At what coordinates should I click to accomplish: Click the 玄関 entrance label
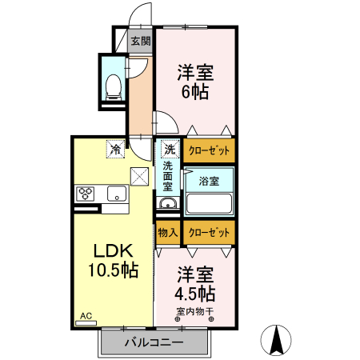point(141,41)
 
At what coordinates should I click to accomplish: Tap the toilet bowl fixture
point(114,87)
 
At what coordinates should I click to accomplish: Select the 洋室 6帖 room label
point(195,82)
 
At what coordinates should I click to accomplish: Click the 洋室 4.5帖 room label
point(195,284)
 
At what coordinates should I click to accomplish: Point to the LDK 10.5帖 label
point(113,260)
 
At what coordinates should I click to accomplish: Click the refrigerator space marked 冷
point(115,149)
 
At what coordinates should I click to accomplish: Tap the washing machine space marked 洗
point(170,149)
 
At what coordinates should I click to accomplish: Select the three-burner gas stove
point(86,194)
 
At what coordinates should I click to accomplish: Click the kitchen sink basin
point(117,194)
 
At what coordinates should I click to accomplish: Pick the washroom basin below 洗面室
point(168,204)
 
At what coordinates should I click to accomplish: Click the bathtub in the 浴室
point(209,203)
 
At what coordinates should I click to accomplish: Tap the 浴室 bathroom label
point(209,182)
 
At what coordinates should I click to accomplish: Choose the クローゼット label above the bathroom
point(209,150)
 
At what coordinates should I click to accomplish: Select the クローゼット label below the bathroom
point(209,233)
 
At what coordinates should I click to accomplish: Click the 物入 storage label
point(168,233)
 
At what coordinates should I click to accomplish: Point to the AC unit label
point(86,316)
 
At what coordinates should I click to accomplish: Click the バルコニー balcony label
point(154,342)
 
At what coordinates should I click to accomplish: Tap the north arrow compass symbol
point(276,340)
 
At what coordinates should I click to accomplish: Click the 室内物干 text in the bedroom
point(195,311)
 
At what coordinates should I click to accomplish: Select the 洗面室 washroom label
point(168,176)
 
